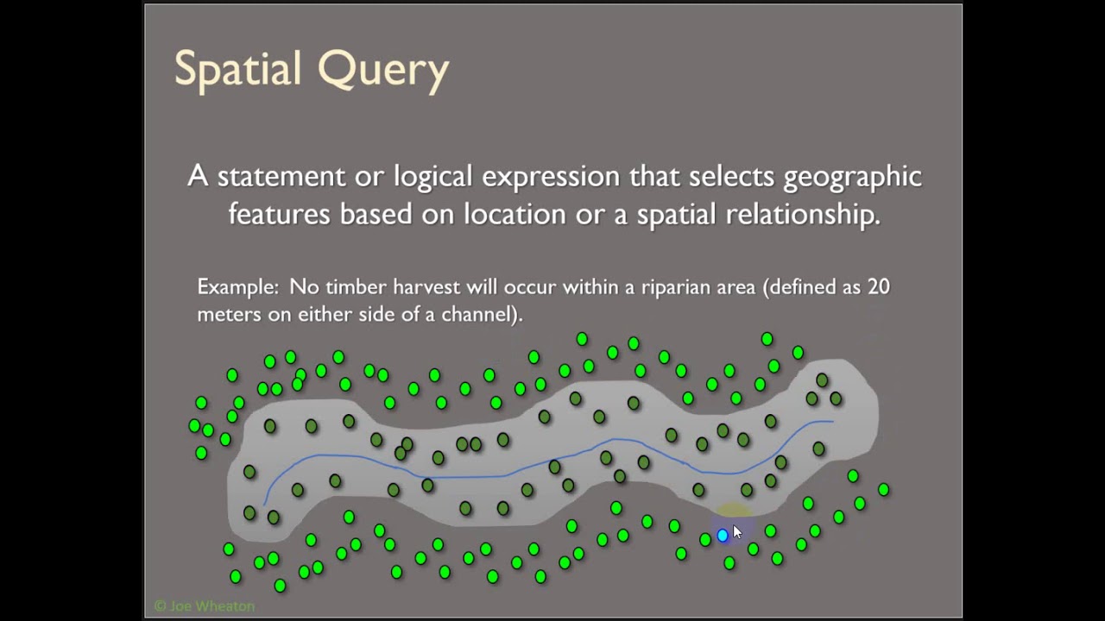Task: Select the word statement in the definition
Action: click(x=281, y=176)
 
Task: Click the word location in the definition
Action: click(x=515, y=214)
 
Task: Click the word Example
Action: click(x=237, y=287)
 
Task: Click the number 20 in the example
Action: click(x=878, y=286)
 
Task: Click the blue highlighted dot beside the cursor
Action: click(x=723, y=536)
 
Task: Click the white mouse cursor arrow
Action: click(x=736, y=532)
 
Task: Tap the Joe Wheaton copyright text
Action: click(x=204, y=606)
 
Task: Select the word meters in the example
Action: click(x=229, y=314)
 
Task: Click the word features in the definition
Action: click(x=279, y=214)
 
